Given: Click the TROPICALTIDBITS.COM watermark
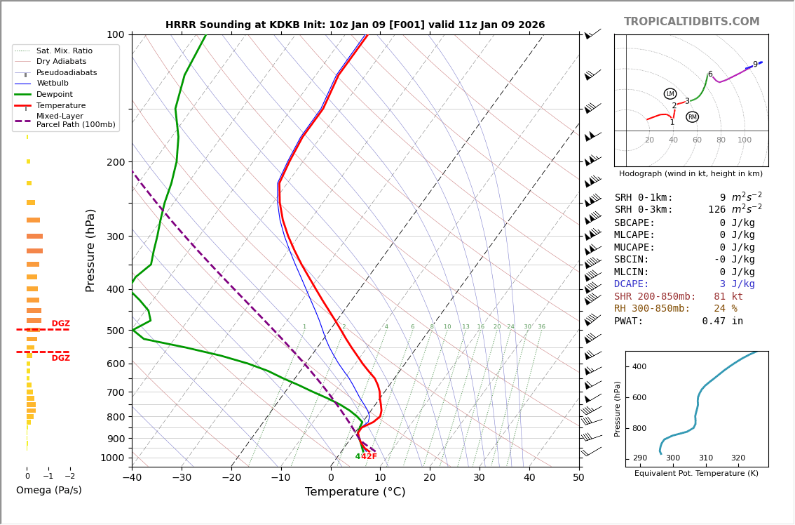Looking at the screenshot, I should click(x=691, y=22).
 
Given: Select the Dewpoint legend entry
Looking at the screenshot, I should click(x=54, y=95).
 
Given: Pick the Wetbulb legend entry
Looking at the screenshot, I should click(x=53, y=84).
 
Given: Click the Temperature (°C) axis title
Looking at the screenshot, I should click(x=355, y=493).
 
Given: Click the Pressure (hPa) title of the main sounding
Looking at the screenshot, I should click(x=90, y=250).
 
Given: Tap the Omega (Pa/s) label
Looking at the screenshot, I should click(x=48, y=491).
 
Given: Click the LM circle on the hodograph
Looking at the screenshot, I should click(x=670, y=94).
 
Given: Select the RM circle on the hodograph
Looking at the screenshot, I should click(x=692, y=117).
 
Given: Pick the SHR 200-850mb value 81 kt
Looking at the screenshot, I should click(x=728, y=297).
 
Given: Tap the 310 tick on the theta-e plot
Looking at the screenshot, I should click(x=705, y=458).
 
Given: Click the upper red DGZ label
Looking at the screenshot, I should click(x=60, y=324).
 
